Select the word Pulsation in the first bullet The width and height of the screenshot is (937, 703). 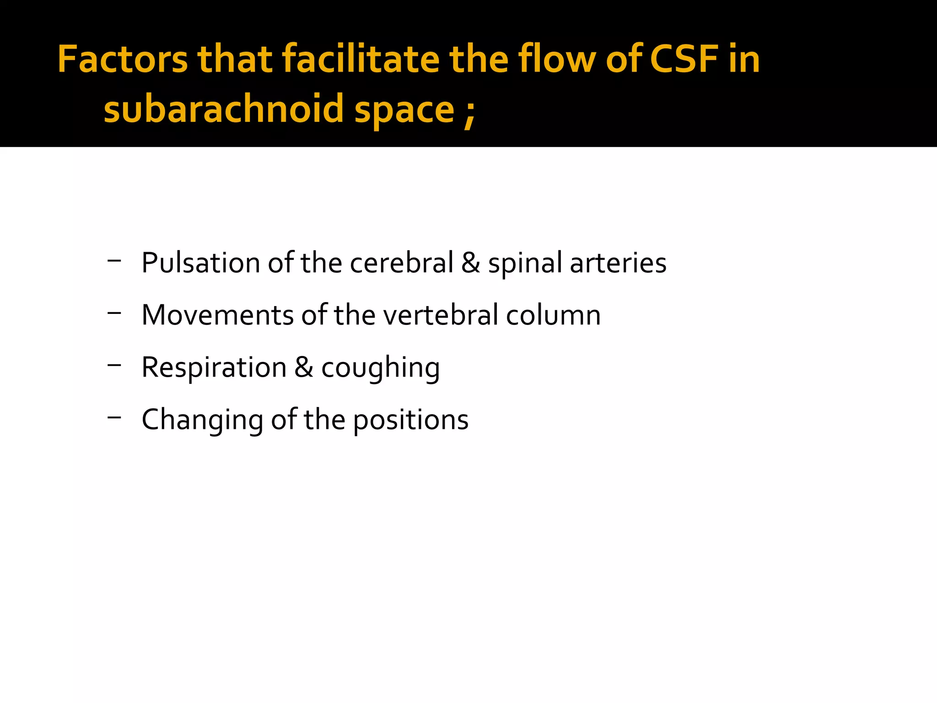pyautogui.click(x=201, y=263)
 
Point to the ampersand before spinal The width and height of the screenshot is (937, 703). pyautogui.click(x=470, y=263)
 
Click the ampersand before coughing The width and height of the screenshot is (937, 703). pyautogui.click(x=304, y=368)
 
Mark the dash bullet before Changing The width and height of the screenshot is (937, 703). pyautogui.click(x=114, y=417)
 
